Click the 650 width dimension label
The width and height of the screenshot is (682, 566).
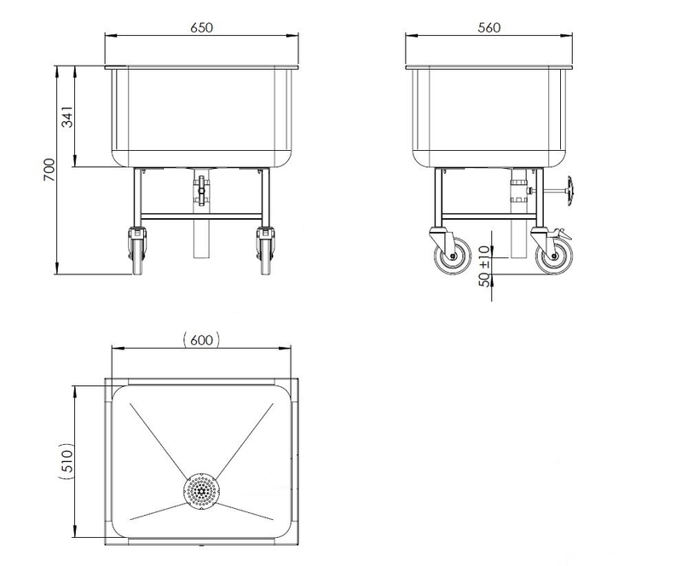coord(202,27)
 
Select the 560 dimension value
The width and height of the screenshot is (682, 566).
coord(488,27)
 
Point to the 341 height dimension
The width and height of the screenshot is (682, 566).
coord(67,116)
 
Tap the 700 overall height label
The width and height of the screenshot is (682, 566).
coord(49,170)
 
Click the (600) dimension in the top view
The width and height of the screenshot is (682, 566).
coord(201,339)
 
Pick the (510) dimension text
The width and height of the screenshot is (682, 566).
coord(66,461)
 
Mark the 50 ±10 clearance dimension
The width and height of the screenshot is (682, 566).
coord(484,266)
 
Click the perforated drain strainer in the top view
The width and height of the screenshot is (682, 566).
coord(201,492)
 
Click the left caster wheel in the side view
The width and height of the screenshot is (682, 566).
coord(453,256)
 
